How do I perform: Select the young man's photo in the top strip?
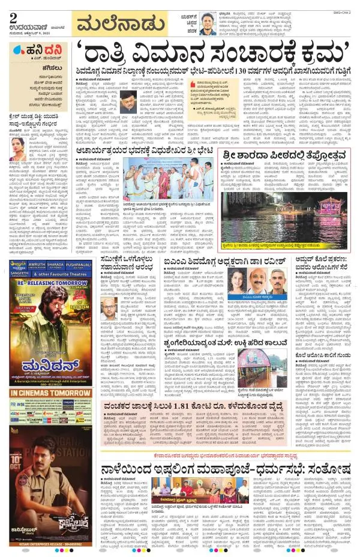pyautogui.click(x=208, y=25)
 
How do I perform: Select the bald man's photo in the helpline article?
pyautogui.click(x=109, y=312)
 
